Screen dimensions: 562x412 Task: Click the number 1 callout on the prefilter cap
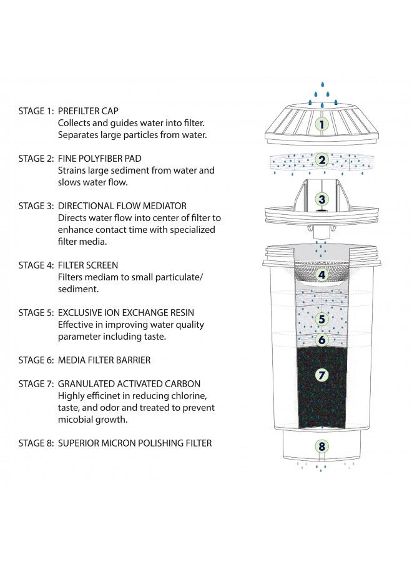(x=321, y=124)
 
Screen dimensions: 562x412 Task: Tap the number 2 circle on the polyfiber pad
(x=321, y=160)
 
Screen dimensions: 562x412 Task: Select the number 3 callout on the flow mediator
(x=321, y=199)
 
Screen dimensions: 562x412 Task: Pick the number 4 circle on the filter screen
(x=321, y=275)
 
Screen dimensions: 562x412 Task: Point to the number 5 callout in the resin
(x=321, y=319)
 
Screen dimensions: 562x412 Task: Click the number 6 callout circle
(x=321, y=340)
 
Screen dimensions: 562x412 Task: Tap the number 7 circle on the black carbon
(x=321, y=375)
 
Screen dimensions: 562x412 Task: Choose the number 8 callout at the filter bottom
(x=321, y=446)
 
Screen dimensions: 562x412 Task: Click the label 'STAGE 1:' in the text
(x=36, y=111)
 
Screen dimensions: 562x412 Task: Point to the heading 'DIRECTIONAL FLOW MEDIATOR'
(x=122, y=206)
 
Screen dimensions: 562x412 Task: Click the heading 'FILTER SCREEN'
(x=88, y=265)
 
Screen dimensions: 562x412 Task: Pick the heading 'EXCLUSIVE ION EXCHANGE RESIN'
(x=126, y=313)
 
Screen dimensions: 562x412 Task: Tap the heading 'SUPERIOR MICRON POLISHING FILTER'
(x=135, y=443)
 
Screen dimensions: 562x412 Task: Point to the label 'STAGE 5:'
(x=36, y=313)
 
